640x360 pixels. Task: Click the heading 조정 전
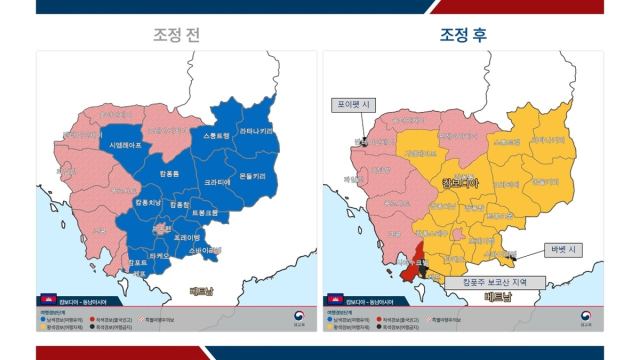[x=176, y=35]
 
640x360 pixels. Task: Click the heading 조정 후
[x=463, y=35]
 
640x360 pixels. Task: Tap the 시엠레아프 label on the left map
[x=125, y=145]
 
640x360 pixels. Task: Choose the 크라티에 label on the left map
[x=218, y=183]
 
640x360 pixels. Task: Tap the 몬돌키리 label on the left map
[x=252, y=176]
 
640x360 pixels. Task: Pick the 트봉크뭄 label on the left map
[x=205, y=212]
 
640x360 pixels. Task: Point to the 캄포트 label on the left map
[x=139, y=263]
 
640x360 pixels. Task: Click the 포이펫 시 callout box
[x=354, y=104]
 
